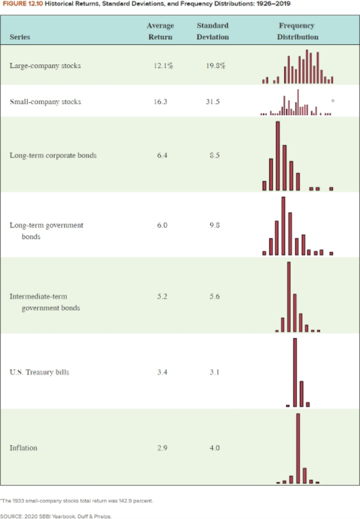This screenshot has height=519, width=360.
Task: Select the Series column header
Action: click(19, 37)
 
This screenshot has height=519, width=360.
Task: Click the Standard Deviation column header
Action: click(213, 32)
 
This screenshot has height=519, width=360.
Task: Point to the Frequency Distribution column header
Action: click(297, 32)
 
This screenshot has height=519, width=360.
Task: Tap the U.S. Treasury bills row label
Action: click(39, 373)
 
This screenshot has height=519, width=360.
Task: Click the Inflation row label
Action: click(23, 447)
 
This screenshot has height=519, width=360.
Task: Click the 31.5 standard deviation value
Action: click(213, 102)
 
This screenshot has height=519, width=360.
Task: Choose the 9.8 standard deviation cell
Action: click(213, 225)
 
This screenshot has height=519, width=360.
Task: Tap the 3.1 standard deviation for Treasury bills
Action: click(213, 373)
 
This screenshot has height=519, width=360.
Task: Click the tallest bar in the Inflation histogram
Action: click(298, 448)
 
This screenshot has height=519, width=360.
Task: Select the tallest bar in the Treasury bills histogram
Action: click(295, 373)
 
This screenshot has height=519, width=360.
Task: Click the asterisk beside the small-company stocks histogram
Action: click(332, 102)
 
